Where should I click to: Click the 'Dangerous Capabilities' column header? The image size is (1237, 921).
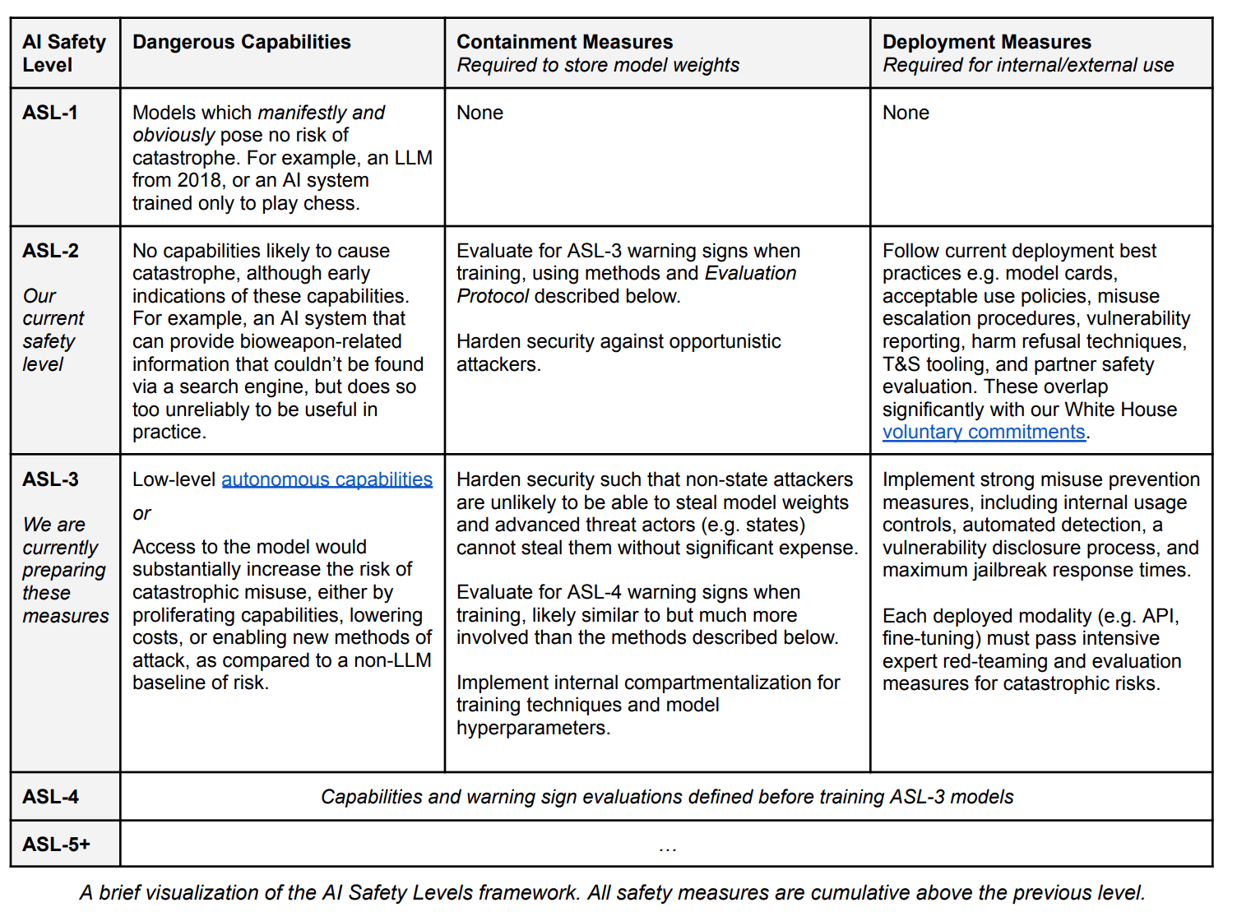(x=241, y=42)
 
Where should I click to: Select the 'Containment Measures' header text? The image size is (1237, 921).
(x=564, y=42)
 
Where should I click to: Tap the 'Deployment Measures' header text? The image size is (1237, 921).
(x=986, y=42)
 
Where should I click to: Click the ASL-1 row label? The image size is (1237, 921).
(x=50, y=113)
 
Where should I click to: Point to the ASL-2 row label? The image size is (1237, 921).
(x=50, y=251)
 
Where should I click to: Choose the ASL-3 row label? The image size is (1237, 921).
(x=50, y=479)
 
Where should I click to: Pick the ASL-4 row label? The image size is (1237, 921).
(x=50, y=797)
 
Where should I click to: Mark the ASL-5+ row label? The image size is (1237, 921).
(x=56, y=845)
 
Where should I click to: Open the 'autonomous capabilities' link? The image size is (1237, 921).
(x=327, y=479)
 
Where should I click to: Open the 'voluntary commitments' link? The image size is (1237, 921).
(x=984, y=433)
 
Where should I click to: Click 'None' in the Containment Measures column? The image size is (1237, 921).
(x=480, y=113)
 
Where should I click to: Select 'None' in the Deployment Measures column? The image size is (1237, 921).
(x=906, y=113)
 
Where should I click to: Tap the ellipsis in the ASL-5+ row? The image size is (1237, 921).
(x=667, y=847)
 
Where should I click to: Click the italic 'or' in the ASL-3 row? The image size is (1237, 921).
(x=141, y=514)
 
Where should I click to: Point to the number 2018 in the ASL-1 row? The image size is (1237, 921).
(x=199, y=181)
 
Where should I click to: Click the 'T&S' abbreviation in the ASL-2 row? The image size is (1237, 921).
(x=901, y=364)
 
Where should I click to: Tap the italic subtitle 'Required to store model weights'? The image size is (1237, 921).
(x=598, y=65)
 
